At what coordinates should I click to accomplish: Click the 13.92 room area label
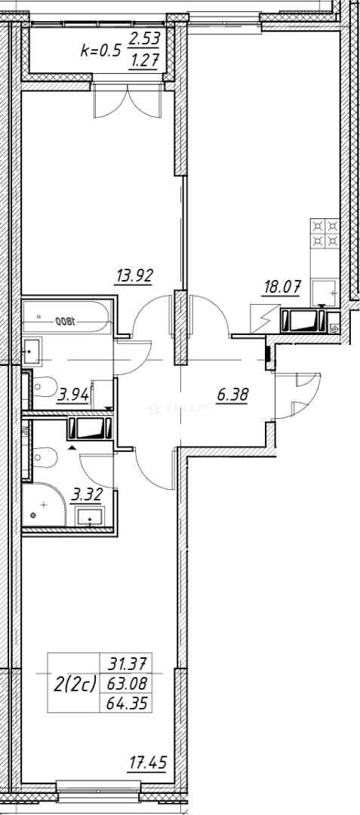point(134,276)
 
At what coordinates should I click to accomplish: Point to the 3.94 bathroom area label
point(74,392)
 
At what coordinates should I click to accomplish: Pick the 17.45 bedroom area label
point(147,764)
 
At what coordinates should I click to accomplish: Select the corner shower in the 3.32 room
point(42,506)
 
